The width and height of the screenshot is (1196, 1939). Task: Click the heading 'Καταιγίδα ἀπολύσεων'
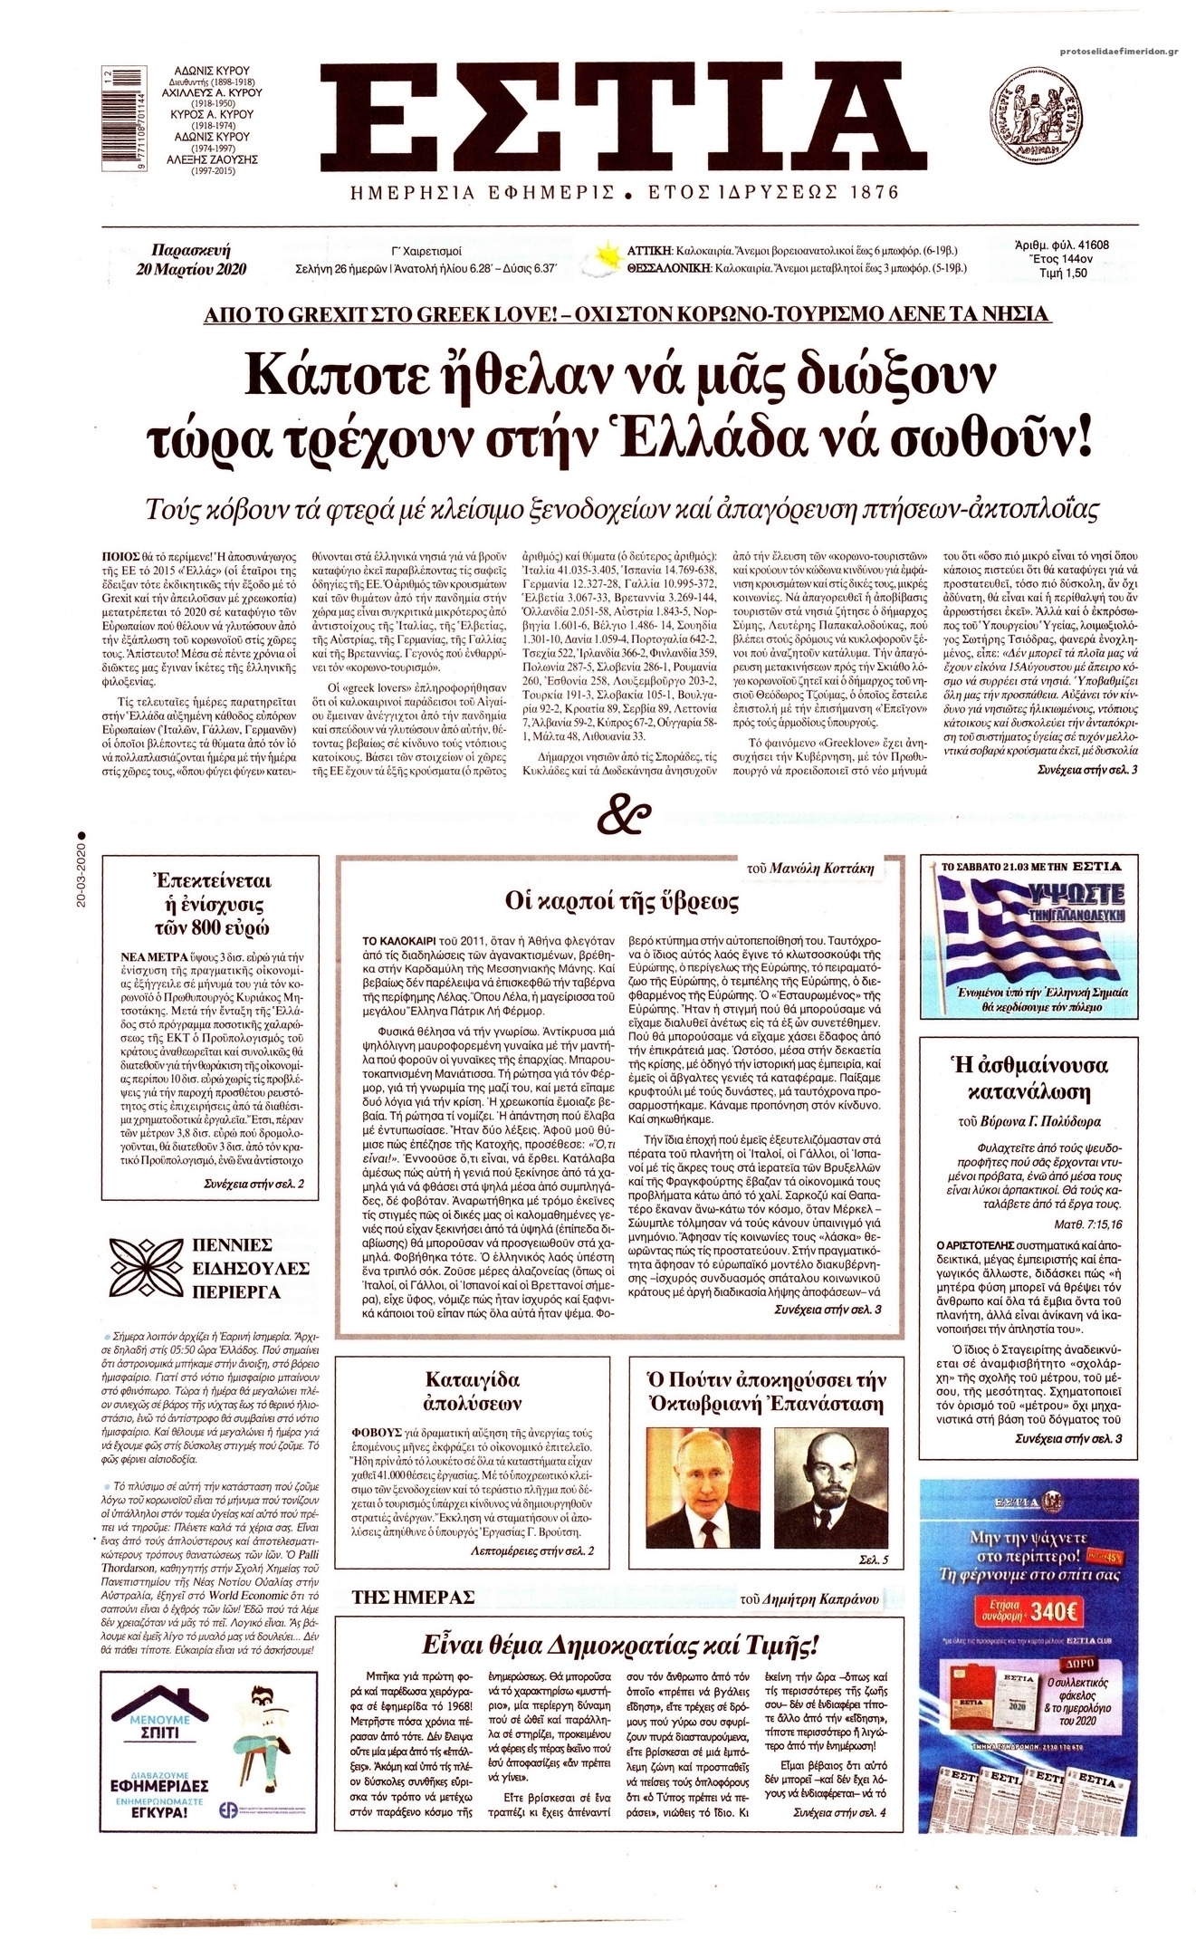pos(473,1392)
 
